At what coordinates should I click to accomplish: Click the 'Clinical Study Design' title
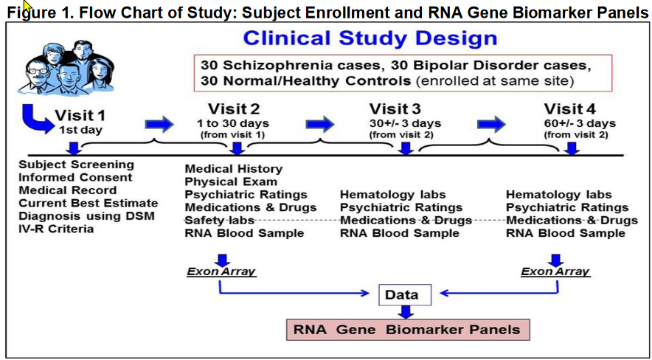tap(370, 38)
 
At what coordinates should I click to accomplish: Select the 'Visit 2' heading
tap(233, 110)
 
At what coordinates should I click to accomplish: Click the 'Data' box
tap(402, 295)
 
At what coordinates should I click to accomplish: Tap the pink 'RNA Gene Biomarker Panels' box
tap(407, 329)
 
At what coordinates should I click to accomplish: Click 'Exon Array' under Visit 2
tap(221, 271)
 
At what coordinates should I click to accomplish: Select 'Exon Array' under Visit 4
tap(555, 271)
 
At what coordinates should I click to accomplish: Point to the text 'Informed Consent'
tap(76, 177)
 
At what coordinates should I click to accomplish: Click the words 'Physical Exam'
tap(231, 181)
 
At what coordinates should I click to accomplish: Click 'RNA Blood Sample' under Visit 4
tap(561, 233)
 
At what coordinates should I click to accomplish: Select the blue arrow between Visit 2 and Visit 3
tap(319, 122)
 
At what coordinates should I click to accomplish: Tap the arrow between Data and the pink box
tap(402, 312)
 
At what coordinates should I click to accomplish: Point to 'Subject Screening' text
tap(77, 165)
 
